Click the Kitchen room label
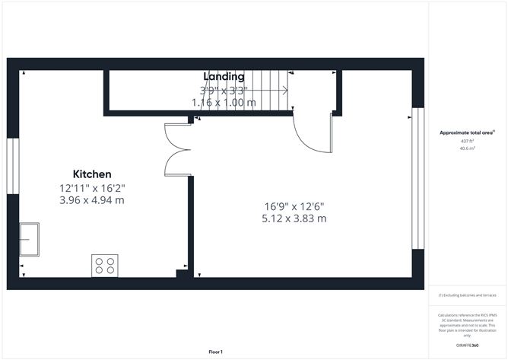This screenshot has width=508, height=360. point(92,174)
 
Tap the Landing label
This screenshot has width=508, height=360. point(224,76)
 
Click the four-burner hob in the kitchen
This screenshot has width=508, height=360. point(105,265)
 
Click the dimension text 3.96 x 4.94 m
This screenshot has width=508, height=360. point(92,200)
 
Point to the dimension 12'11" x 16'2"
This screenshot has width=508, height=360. point(92,187)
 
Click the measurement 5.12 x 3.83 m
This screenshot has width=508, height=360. point(294,218)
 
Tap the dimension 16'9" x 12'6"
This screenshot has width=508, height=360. point(294,205)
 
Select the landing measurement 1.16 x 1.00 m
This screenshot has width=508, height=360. point(224,102)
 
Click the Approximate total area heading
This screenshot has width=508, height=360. point(466,132)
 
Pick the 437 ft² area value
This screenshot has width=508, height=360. point(466,142)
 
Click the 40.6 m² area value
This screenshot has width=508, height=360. point(466,149)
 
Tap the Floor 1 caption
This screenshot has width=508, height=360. point(216,352)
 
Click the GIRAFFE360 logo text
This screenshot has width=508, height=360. point(467,346)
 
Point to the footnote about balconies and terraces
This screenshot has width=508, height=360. point(467,295)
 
